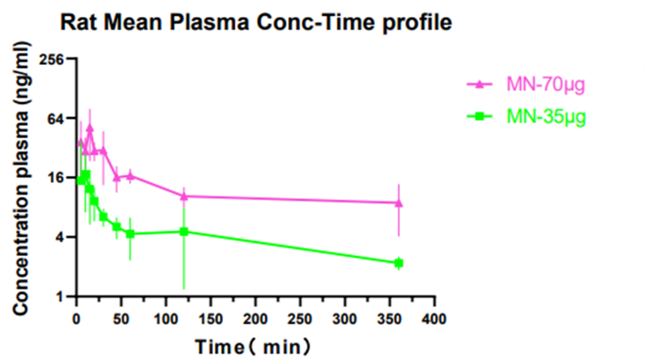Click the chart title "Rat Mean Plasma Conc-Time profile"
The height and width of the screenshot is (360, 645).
(x=256, y=24)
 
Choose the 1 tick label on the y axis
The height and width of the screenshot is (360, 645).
(x=62, y=297)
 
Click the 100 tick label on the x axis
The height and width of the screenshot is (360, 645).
(x=166, y=318)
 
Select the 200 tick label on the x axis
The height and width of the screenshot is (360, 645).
(x=256, y=318)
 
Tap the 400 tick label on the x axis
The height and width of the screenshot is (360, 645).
(x=435, y=318)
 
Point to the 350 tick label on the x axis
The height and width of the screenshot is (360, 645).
(x=390, y=318)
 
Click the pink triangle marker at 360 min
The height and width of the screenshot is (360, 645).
(x=399, y=203)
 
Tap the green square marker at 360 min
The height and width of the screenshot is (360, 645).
(x=399, y=263)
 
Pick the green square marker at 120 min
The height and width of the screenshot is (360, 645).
(x=184, y=231)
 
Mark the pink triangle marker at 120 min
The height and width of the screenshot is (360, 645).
(x=184, y=196)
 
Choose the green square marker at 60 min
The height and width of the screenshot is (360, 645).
(x=131, y=234)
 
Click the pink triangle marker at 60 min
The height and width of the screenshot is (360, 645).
(x=131, y=175)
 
